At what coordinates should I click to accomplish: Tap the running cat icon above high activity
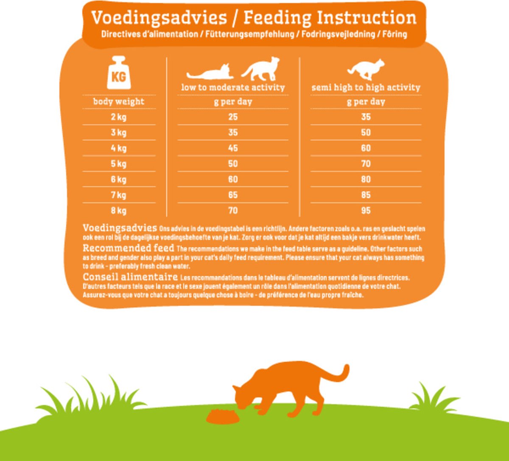[366, 69]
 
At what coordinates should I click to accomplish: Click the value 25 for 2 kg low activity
[233, 117]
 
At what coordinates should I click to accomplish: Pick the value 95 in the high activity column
[366, 210]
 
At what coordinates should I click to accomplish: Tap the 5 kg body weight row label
[119, 164]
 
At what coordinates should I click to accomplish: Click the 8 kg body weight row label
[119, 210]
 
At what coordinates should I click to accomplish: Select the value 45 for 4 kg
[233, 148]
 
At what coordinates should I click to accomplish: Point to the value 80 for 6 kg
[366, 179]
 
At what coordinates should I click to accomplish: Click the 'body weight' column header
[119, 102]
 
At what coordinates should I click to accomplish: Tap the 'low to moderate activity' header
[233, 87]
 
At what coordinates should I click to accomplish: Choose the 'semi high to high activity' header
[366, 87]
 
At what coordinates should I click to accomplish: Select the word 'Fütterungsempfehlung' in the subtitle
[250, 34]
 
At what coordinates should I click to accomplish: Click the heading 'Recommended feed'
[128, 248]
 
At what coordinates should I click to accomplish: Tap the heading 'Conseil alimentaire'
[130, 277]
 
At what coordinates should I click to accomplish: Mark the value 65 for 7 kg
[233, 195]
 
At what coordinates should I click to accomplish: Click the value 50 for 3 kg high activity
[366, 133]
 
